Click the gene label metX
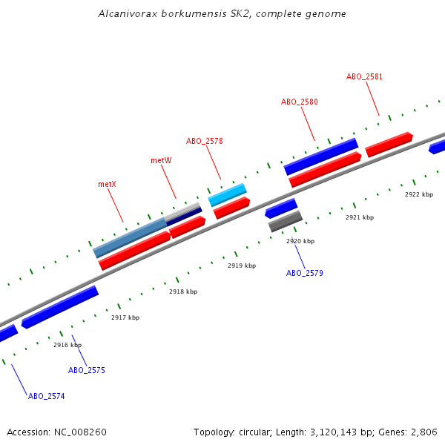(107, 184)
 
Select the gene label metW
(161, 160)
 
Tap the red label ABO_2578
(204, 141)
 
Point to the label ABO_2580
(299, 102)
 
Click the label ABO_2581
(364, 76)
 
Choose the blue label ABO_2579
(304, 273)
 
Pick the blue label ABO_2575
(87, 370)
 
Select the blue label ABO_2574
(46, 396)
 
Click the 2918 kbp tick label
(183, 291)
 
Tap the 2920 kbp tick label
(300, 241)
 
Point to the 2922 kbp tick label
(418, 194)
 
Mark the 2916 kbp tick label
(67, 345)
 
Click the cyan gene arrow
(227, 194)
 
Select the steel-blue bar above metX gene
(131, 237)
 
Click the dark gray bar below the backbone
(286, 221)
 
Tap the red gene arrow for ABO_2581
(389, 144)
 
